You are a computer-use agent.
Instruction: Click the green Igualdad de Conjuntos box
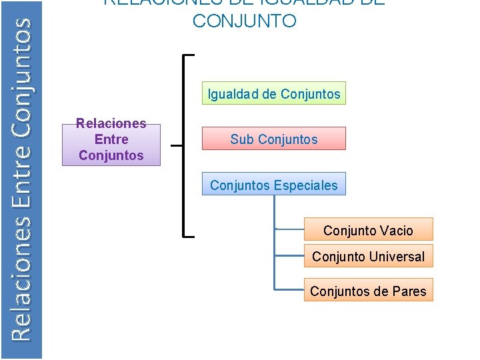pyautogui.click(x=274, y=94)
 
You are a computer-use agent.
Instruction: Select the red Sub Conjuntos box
pyautogui.click(x=274, y=139)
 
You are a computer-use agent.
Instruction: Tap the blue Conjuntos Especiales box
pyautogui.click(x=274, y=185)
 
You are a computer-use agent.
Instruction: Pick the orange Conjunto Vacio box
pyautogui.click(x=368, y=230)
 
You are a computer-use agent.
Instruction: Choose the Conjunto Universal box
pyautogui.click(x=368, y=256)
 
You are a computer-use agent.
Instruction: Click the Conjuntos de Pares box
pyautogui.click(x=368, y=291)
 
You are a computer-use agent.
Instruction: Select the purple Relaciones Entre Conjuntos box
pyautogui.click(x=111, y=139)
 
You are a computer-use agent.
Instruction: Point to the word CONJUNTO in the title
pyautogui.click(x=244, y=21)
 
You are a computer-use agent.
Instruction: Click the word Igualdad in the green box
pyautogui.click(x=233, y=94)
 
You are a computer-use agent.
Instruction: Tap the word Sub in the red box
pyautogui.click(x=242, y=139)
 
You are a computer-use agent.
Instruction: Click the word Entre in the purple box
pyautogui.click(x=111, y=139)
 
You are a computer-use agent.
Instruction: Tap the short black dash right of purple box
pyautogui.click(x=176, y=144)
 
